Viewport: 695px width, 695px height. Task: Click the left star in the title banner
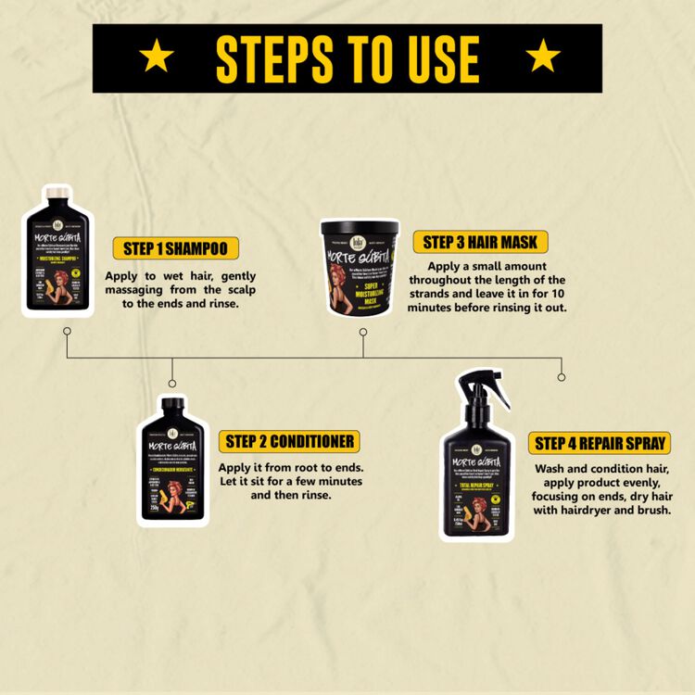pyautogui.click(x=157, y=57)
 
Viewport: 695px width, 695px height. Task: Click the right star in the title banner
pyautogui.click(x=542, y=57)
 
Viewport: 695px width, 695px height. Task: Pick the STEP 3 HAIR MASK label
pyautogui.click(x=480, y=243)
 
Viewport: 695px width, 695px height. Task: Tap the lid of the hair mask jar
pyautogui.click(x=360, y=228)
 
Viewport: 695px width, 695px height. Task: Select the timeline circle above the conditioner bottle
pyautogui.click(x=171, y=383)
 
